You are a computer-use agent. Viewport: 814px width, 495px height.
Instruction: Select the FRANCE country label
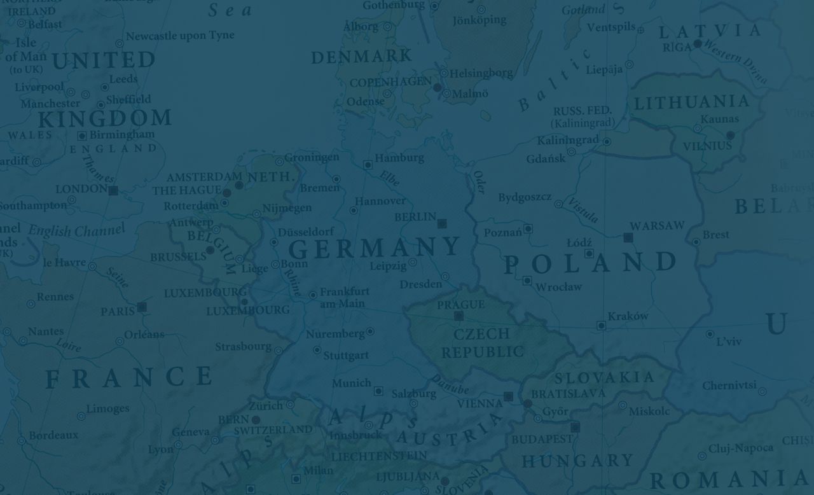(129, 378)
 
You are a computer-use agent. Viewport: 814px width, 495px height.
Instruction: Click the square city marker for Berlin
(442, 223)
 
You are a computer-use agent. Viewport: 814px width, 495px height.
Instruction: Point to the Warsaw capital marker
(628, 237)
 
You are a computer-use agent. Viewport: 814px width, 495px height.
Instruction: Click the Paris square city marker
(142, 307)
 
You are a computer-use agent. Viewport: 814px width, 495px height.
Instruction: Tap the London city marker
(113, 190)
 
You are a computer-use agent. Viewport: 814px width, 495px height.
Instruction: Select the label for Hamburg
(399, 158)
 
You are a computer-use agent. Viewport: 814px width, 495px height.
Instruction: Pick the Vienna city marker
(508, 396)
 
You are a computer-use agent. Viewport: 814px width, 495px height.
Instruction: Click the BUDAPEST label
(542, 439)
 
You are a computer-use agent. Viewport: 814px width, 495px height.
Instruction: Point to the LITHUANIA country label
(691, 102)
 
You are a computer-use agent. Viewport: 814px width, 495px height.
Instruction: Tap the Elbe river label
(389, 178)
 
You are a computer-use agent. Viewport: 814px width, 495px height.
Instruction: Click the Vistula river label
(583, 209)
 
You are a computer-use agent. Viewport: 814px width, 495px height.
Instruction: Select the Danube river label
(450, 384)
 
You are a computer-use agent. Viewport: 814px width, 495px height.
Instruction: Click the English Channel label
(76, 230)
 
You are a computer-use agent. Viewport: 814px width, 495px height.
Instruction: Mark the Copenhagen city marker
(437, 87)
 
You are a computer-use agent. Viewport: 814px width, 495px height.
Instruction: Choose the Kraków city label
(628, 316)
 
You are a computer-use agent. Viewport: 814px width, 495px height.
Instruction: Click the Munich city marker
(378, 391)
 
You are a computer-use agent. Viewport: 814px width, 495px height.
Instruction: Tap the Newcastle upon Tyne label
(179, 36)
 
